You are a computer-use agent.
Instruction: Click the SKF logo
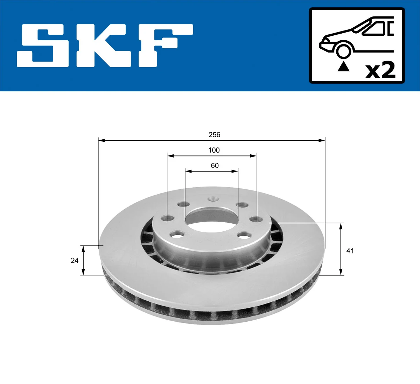click(x=105, y=46)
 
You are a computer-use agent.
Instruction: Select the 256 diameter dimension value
click(x=214, y=135)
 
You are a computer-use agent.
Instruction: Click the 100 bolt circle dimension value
click(x=214, y=150)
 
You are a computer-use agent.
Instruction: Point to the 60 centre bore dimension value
click(x=215, y=166)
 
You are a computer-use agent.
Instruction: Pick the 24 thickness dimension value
click(x=75, y=260)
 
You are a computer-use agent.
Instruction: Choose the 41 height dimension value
click(x=350, y=251)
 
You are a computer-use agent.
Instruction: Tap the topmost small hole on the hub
click(x=213, y=199)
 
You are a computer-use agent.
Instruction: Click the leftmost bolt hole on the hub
click(x=168, y=218)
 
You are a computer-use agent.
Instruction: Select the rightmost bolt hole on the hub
click(x=257, y=219)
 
